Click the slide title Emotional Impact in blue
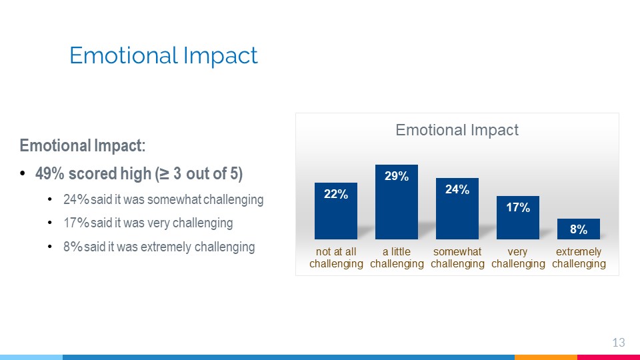163,55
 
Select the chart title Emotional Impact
457,130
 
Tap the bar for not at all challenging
336,211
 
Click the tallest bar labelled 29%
396,201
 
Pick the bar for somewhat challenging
457,209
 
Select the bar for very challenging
518,217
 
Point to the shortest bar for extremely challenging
579,229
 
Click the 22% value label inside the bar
336,194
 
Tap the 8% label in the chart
579,229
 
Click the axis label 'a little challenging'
397,257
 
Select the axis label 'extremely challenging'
579,257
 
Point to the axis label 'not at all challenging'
336,257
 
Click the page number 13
619,343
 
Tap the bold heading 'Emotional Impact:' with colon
83,145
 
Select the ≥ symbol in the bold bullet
164,174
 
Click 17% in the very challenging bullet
76,223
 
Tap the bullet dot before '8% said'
50,247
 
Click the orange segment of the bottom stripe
546,357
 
